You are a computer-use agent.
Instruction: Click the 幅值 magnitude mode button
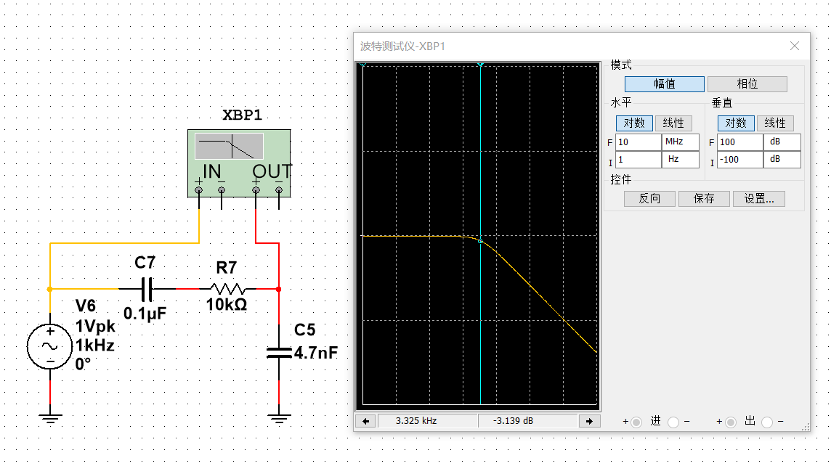(664, 84)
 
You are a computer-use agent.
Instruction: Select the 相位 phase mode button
(747, 84)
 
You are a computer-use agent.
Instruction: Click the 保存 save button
(703, 199)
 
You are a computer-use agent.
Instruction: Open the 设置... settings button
(758, 199)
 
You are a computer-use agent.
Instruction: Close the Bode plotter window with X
(795, 46)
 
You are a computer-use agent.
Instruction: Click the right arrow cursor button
(589, 421)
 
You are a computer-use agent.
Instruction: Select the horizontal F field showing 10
(637, 142)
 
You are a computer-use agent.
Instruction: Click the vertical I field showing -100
(739, 159)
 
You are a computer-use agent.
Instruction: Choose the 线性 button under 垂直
(774, 123)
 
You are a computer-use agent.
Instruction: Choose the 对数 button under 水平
(634, 123)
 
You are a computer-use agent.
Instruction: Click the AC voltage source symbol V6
(49, 346)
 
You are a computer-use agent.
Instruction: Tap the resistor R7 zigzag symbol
(227, 289)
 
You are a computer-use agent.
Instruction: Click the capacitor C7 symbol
(146, 289)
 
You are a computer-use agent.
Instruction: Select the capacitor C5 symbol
(279, 353)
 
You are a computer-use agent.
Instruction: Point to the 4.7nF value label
(316, 353)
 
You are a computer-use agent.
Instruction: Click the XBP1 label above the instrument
(241, 115)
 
